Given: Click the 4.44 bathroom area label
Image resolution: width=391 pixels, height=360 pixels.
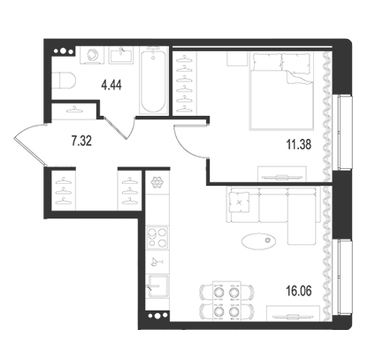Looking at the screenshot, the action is coord(111,85).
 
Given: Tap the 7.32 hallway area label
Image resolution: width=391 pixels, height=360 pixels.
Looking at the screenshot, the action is coord(81,141).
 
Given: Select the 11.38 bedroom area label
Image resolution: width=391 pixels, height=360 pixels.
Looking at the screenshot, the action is coord(299,145).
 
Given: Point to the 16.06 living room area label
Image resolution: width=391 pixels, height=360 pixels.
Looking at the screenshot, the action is coord(299,291).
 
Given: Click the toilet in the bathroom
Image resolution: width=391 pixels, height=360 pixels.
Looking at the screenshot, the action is coord(64,80).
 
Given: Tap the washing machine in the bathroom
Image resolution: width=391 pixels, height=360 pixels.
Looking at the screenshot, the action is coord(93,55).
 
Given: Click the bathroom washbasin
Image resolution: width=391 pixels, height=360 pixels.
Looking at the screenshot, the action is coord(121,55).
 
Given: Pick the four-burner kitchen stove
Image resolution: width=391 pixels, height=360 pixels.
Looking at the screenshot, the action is coord(157,238).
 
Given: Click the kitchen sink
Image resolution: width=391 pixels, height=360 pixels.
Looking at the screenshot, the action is coord(157,286).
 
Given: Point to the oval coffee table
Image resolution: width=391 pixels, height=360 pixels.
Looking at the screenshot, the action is coord(259,241).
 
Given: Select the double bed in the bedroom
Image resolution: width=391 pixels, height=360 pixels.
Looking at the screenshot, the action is coord(281,91).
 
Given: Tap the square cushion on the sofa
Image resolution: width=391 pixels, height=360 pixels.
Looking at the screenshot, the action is coord(240,202).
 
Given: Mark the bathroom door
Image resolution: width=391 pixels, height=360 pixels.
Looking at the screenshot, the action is coord(118,129).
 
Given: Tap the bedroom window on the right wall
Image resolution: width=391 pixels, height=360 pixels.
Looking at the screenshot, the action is coord(342,133).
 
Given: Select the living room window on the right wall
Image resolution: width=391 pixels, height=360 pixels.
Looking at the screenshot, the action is coord(342,278).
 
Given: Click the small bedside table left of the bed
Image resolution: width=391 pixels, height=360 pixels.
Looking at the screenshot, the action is coord(237,59).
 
